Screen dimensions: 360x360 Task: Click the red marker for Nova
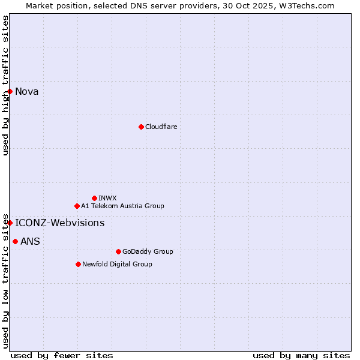pos(10,91)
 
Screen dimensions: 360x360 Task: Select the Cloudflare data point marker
pos(141,127)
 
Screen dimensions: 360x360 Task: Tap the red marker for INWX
pos(94,198)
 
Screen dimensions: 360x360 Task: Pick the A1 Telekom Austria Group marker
pos(77,206)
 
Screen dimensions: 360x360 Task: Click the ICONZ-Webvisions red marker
pos(10,223)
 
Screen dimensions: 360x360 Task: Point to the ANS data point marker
pos(15,241)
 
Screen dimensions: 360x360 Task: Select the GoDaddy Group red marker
pos(118,251)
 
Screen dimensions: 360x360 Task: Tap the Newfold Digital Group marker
pos(78,264)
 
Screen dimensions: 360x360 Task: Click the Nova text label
pos(27,91)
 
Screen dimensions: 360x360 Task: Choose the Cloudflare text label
pos(161,127)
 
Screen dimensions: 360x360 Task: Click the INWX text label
pos(107,198)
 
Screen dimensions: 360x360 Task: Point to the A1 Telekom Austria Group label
pos(122,206)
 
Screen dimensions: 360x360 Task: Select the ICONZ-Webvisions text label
pos(60,223)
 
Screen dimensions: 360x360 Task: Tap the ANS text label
pos(30,241)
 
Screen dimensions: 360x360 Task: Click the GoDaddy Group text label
pos(148,251)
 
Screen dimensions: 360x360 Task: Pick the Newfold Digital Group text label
pos(117,264)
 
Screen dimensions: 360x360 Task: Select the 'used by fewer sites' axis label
pos(62,355)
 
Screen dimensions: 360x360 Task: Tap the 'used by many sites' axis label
pos(301,355)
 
